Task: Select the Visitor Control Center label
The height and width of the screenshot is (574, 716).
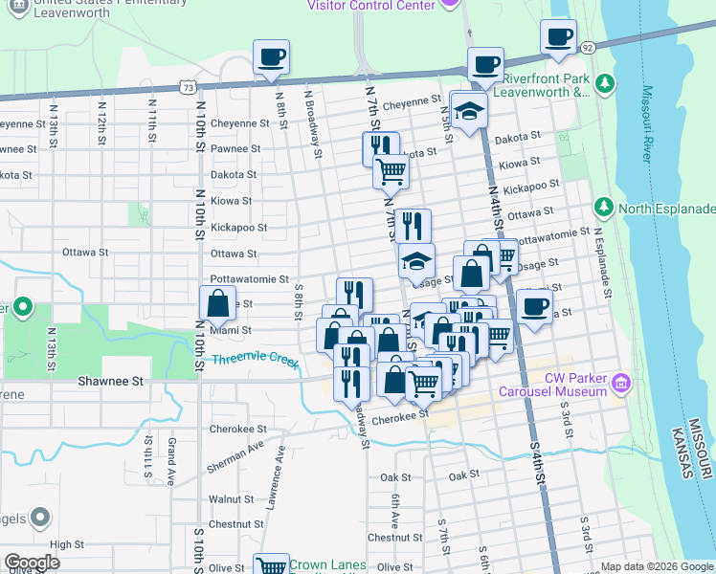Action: pyautogui.click(x=369, y=5)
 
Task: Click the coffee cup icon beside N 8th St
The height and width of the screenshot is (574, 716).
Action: pyautogui.click(x=272, y=56)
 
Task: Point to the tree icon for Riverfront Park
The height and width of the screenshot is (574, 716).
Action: pyautogui.click(x=605, y=84)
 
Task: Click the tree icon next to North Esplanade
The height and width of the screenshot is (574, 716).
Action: pyautogui.click(x=604, y=208)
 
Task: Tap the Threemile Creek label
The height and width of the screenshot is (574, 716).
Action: pyautogui.click(x=256, y=361)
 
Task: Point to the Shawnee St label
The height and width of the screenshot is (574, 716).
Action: pyautogui.click(x=110, y=381)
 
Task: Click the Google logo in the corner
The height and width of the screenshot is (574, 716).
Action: pyautogui.click(x=32, y=563)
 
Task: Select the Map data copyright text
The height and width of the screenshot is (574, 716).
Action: pyautogui.click(x=657, y=566)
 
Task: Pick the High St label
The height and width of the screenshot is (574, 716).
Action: pyautogui.click(x=67, y=544)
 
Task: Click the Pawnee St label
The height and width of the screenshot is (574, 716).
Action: pyautogui.click(x=235, y=149)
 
